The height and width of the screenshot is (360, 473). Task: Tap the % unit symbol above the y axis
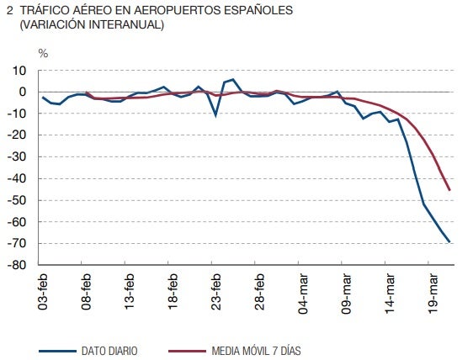pyautogui.click(x=43, y=53)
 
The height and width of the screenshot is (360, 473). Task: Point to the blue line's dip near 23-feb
pyautogui.click(x=216, y=114)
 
